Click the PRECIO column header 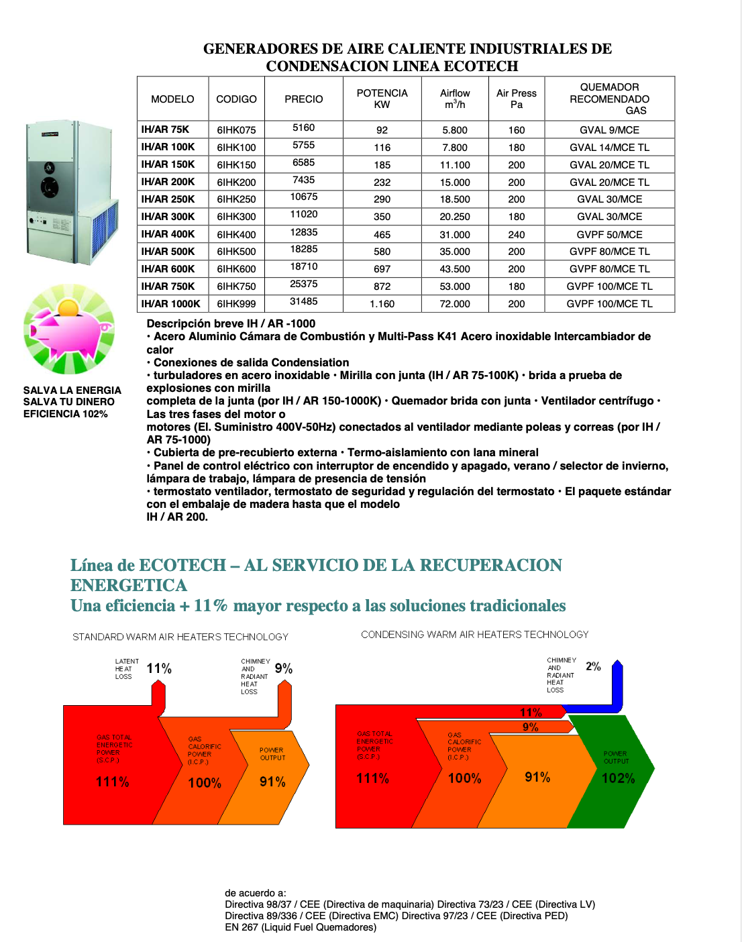pyautogui.click(x=303, y=99)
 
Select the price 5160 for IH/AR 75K pyautogui.click(x=303, y=127)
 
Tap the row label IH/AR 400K pyautogui.click(x=168, y=234)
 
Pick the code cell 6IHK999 pyautogui.click(x=236, y=304)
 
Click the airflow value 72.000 pyautogui.click(x=455, y=304)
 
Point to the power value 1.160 pyautogui.click(x=382, y=304)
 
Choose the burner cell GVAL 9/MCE pyautogui.click(x=609, y=130)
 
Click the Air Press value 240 pyautogui.click(x=517, y=235)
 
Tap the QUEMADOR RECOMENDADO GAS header pyautogui.click(x=609, y=99)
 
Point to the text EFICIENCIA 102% pyautogui.click(x=66, y=414)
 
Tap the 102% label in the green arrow pyautogui.click(x=618, y=778)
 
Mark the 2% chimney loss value pyautogui.click(x=593, y=666)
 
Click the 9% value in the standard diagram pyautogui.click(x=284, y=668)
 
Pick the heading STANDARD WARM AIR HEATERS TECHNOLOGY pyautogui.click(x=180, y=637)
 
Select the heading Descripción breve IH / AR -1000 pyautogui.click(x=231, y=323)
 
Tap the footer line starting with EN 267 pyautogui.click(x=301, y=927)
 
